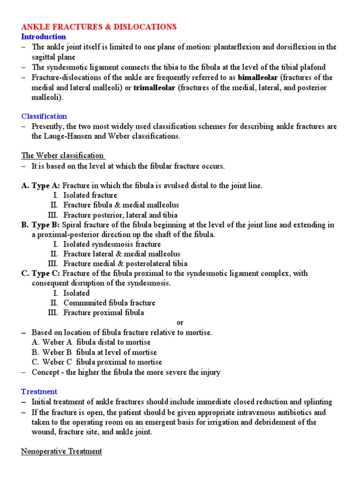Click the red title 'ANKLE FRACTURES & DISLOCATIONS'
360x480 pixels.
[x=99, y=27]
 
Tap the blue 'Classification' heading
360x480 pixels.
[x=44, y=116]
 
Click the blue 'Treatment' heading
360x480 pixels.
[x=39, y=391]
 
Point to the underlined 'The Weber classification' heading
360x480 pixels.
[x=62, y=156]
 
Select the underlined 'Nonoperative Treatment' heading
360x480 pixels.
[x=61, y=451]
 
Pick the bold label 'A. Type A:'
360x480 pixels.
[x=41, y=186]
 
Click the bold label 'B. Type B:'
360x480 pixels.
[x=41, y=225]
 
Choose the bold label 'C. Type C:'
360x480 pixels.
[x=41, y=273]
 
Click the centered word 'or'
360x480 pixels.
[x=180, y=322]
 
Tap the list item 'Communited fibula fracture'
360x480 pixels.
[x=109, y=303]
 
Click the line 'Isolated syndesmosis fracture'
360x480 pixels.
[x=112, y=244]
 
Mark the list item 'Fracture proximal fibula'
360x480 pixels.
[x=104, y=313]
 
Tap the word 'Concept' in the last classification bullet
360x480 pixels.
[x=45, y=372]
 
